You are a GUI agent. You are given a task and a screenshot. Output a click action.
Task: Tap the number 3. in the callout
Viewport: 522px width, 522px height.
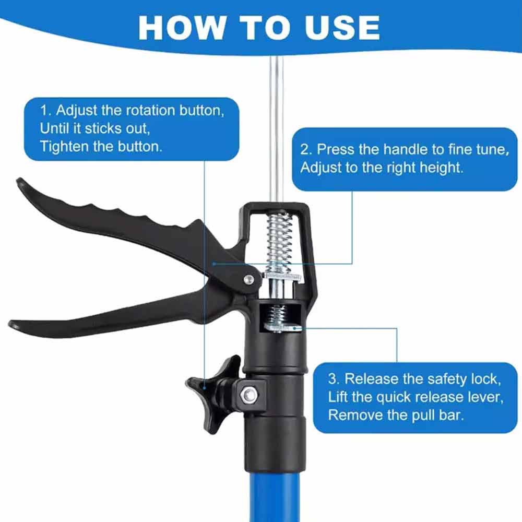[334, 379]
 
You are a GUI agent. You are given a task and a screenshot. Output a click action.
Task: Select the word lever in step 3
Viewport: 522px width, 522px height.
[488, 397]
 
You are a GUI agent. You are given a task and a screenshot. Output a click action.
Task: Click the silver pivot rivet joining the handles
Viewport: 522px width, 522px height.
[248, 279]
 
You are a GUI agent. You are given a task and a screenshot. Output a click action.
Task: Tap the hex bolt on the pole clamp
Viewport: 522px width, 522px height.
[248, 395]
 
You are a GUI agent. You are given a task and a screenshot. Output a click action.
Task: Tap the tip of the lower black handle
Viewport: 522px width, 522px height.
[11, 324]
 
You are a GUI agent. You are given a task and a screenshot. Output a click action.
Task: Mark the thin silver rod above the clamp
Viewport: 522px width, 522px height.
[277, 130]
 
